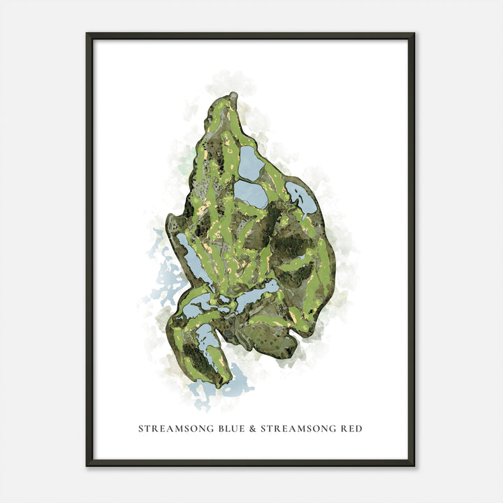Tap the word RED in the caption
pos(351,428)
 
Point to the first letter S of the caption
pos(140,428)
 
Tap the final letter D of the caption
pos(359,428)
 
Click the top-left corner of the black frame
pos(87,34)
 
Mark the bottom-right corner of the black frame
pos(414,465)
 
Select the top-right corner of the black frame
pos(414,34)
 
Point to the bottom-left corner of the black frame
pos(87,465)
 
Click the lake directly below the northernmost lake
pos(251,194)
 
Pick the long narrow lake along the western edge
pos(191,258)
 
